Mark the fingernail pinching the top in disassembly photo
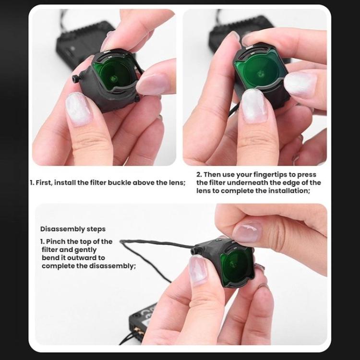(247, 232)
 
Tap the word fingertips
(280, 175)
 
